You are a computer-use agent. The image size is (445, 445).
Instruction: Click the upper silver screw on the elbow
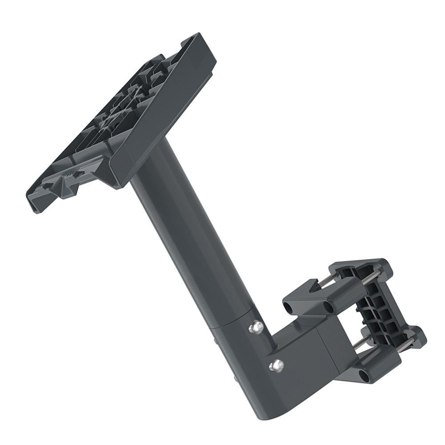256,328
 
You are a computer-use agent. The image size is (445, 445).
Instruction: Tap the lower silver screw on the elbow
277,365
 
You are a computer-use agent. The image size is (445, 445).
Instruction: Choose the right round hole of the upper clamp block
328,307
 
